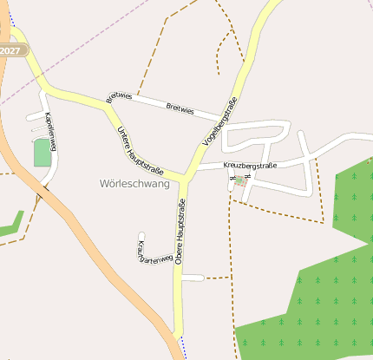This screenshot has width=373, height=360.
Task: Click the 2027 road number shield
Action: coord(11,50)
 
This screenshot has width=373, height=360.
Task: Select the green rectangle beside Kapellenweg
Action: coord(42,153)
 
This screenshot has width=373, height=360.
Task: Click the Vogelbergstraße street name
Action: coord(220,122)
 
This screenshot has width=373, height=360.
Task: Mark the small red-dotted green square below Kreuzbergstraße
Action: coord(239,181)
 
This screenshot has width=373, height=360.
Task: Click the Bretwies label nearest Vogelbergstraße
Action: coord(181,108)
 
